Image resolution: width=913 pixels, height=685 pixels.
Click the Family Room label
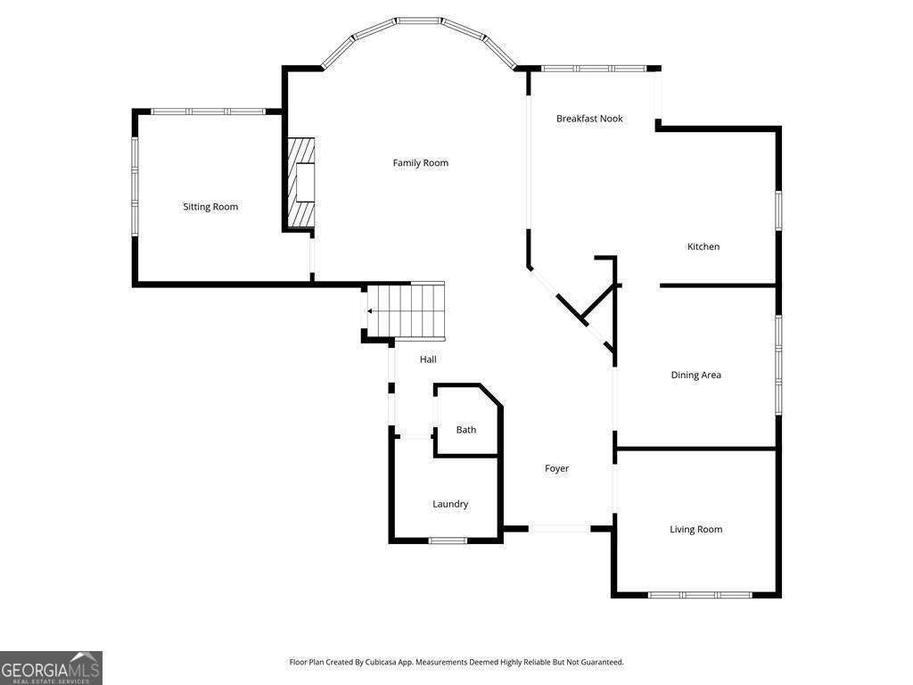[x=421, y=163]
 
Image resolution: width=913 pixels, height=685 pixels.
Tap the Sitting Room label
[x=210, y=207]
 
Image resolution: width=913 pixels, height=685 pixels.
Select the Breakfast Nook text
[x=589, y=119]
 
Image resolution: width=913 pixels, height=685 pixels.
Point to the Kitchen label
[x=703, y=247]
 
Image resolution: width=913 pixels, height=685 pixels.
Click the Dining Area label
[x=695, y=376]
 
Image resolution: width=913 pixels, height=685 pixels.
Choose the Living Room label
[x=695, y=530]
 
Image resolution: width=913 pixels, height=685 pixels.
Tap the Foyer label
[x=556, y=469]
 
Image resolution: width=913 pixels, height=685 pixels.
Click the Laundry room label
[x=450, y=505]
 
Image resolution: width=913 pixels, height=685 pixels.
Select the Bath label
[x=465, y=430]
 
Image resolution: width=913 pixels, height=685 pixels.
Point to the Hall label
[x=428, y=360]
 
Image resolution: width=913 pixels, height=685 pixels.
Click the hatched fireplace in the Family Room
[x=301, y=183]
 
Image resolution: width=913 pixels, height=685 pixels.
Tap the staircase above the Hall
[x=406, y=311]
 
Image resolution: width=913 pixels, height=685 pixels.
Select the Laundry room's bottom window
[x=448, y=541]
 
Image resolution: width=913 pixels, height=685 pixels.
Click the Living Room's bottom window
[x=700, y=595]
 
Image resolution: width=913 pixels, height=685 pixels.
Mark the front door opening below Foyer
[x=560, y=529]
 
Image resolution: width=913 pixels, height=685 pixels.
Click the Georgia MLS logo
[x=51, y=668]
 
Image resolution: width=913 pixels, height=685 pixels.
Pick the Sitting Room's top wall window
[x=209, y=111]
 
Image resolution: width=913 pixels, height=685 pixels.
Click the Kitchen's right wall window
[x=777, y=210]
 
